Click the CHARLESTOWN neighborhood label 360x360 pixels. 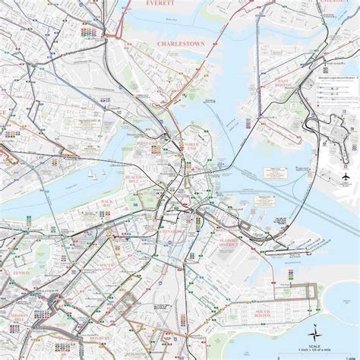point(181,44)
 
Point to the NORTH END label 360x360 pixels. point(189,148)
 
